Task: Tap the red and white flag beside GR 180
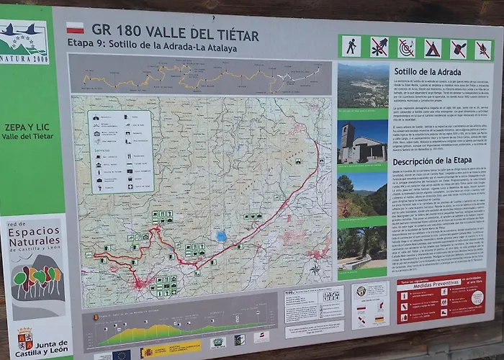pos(76,28)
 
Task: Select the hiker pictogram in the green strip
pos(350,47)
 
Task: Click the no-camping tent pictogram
pos(432,49)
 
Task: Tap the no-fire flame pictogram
pos(482,50)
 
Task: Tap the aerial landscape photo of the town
pos(363,86)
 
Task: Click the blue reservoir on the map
pos(221,235)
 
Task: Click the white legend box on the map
pos(120,151)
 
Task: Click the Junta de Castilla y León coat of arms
pos(25,338)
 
